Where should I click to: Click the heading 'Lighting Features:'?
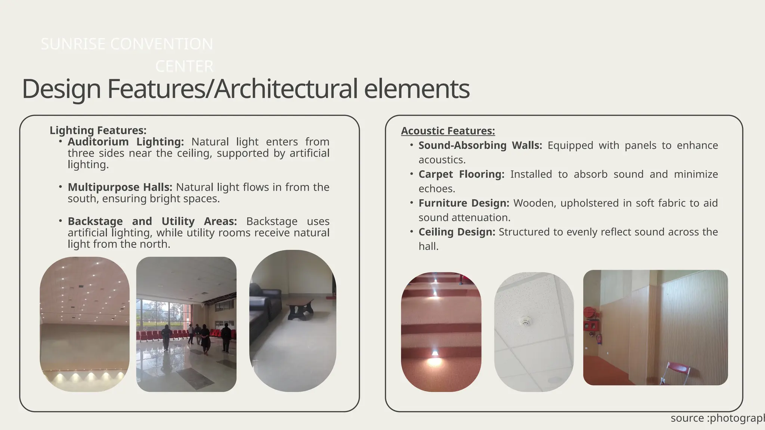[98, 130]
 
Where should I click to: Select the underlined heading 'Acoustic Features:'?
[448, 131]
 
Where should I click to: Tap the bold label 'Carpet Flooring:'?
[461, 174]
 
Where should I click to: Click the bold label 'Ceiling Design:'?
[456, 232]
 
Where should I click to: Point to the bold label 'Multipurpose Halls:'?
[120, 187]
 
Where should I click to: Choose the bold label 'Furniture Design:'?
[464, 203]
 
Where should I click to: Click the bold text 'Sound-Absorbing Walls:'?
[480, 145]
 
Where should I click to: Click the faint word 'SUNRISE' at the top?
[73, 44]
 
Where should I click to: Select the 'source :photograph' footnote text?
[717, 418]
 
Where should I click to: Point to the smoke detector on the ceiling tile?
[526, 321]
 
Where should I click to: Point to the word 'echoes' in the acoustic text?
[436, 189]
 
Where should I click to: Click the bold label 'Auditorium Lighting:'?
[126, 142]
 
